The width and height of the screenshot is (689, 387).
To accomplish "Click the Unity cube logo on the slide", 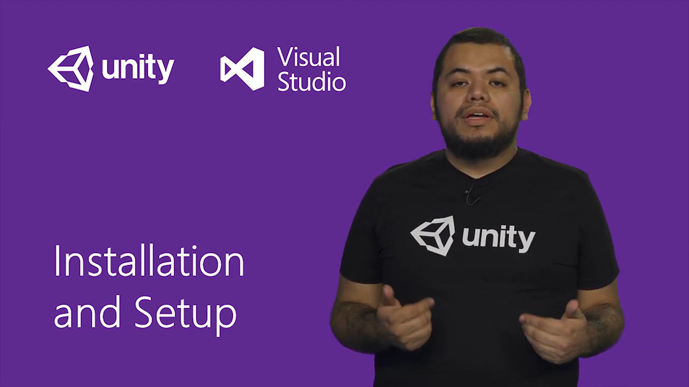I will tap(71, 68).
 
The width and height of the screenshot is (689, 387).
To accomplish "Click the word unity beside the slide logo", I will tap(138, 69).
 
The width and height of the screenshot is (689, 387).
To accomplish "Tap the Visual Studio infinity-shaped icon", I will tap(243, 68).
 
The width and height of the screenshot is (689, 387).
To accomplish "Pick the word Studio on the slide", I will tap(311, 82).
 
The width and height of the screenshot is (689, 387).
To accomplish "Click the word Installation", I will tap(149, 261).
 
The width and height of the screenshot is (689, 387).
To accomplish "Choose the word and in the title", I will tap(87, 312).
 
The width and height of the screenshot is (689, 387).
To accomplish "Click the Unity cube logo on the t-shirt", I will tap(433, 235).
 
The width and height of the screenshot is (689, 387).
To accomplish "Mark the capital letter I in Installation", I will tap(57, 261).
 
